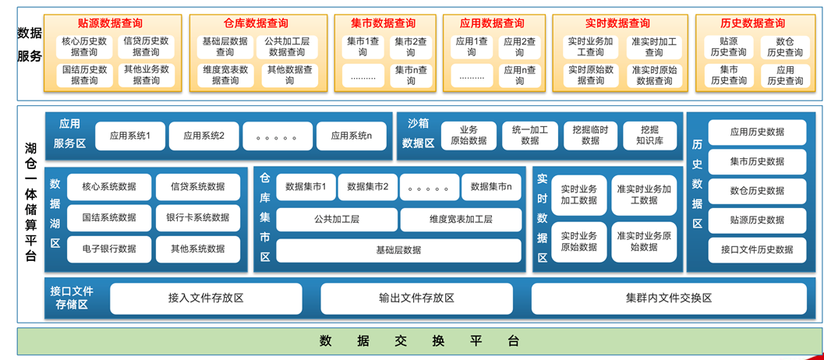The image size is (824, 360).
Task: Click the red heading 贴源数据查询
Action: tap(111, 23)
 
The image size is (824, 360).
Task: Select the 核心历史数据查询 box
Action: tap(83, 47)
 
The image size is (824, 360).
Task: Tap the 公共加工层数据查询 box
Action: tap(286, 47)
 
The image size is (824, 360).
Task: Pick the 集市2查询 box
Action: tap(410, 47)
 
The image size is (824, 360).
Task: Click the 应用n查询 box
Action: tap(519, 76)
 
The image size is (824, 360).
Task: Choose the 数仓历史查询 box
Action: tap(784, 47)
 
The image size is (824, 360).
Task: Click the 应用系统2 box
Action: tap(204, 136)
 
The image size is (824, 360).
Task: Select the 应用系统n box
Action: tap(351, 136)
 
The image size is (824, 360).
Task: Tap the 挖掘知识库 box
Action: tap(650, 136)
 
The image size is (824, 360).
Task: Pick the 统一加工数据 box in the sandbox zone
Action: tap(529, 136)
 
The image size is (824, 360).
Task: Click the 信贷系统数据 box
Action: tap(191, 187)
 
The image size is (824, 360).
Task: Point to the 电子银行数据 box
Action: tap(108, 249)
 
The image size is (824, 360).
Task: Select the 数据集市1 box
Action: tap(306, 187)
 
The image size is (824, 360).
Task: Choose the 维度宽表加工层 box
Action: tap(461, 220)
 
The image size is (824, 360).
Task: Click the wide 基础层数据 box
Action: tap(398, 250)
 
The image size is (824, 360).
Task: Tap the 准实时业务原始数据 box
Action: tap(644, 242)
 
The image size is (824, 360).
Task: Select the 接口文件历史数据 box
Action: tap(757, 250)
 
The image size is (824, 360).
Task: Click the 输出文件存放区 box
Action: tap(416, 298)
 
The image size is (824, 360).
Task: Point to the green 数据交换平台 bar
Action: tap(419, 341)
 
